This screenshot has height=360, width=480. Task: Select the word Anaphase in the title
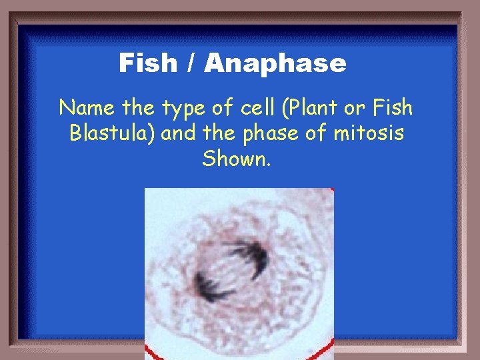click(x=275, y=64)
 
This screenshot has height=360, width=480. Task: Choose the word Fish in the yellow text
click(x=393, y=107)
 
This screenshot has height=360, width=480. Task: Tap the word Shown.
click(x=237, y=159)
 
